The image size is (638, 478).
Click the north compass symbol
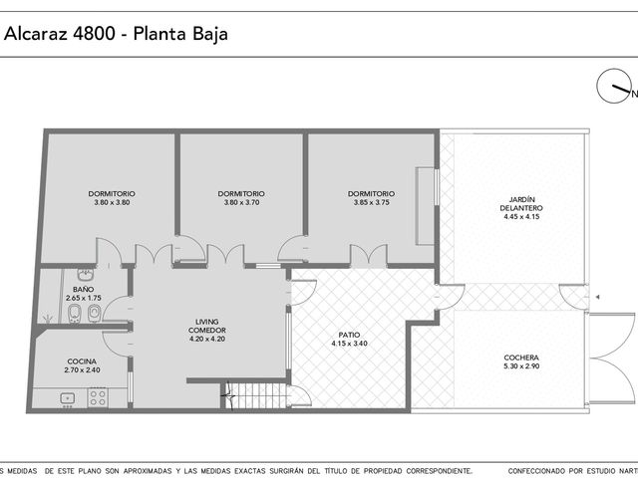click(x=613, y=87)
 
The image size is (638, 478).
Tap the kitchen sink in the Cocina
click(x=67, y=398)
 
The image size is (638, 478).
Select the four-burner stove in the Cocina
click(x=98, y=397)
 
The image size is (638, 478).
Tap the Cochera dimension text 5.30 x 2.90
click(x=521, y=366)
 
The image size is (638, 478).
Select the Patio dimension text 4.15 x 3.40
click(x=349, y=344)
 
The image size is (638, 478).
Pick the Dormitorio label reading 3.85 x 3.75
click(x=371, y=198)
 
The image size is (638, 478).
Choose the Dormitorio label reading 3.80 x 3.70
click(x=241, y=198)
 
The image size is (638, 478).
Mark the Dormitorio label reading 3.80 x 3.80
click(x=112, y=198)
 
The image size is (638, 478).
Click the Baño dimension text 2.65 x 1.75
click(x=84, y=298)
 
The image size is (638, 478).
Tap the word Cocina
click(x=82, y=361)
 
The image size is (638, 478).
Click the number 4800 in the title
click(x=94, y=33)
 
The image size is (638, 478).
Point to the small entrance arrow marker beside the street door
click(x=597, y=297)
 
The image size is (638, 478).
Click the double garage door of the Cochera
click(x=610, y=358)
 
